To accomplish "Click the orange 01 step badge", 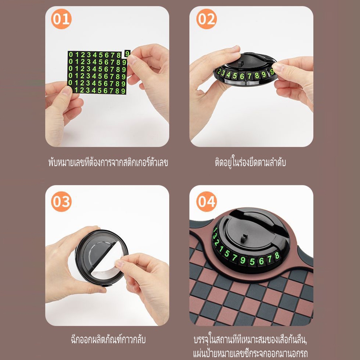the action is tap(61, 19).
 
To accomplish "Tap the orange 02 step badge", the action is tap(206, 19).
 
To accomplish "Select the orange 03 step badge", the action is tap(61, 201).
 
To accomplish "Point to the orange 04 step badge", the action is tap(206, 201).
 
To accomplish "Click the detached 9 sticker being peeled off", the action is tap(127, 54).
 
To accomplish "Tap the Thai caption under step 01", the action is tap(108, 162).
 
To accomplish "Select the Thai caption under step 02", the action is tap(251, 162).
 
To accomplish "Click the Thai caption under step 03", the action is tap(108, 339).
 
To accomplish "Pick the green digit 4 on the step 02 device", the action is tap(228, 75).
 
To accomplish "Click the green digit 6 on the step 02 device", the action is tap(242, 76).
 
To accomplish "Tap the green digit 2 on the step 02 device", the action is tap(219, 72).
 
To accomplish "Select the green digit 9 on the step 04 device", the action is tap(243, 261).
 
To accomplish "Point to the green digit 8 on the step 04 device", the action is tap(277, 256).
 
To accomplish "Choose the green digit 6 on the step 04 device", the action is tap(261, 261).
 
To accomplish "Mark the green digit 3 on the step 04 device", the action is tap(215, 237).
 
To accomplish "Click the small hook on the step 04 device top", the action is tap(243, 238).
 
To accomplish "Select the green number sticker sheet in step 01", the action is tap(97, 72).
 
